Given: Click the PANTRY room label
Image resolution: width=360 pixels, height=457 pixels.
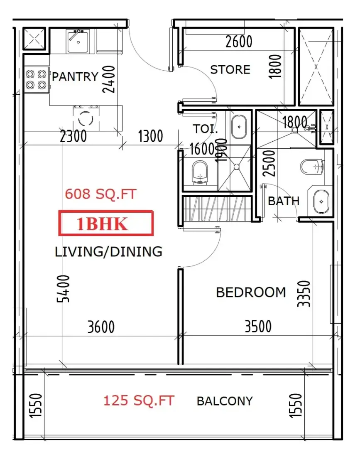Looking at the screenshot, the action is click(75, 77).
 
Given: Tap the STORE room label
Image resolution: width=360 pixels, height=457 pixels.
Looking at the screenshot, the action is click(230, 70).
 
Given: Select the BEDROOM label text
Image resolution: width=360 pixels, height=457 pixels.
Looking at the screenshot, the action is click(251, 292).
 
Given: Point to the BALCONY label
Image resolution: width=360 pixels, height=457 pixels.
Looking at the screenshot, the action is click(225, 401).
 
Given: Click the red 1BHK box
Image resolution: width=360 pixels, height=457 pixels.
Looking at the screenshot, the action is click(106, 223).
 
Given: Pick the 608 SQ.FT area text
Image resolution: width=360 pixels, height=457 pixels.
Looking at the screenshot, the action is click(100, 194).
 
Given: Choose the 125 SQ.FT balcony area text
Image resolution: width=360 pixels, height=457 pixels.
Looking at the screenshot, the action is click(139, 400).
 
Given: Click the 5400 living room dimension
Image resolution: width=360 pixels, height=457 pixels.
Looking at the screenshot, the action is click(63, 289).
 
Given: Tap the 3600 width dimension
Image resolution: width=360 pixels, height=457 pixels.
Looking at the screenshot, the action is click(101, 327).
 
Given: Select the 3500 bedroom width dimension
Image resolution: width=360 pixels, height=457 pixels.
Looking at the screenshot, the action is click(258, 327).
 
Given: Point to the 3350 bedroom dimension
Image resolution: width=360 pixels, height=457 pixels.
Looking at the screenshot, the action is click(304, 294).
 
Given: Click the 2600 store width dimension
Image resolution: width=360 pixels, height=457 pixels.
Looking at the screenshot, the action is click(239, 42).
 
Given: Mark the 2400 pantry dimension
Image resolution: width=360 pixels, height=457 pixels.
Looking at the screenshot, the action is click(109, 79).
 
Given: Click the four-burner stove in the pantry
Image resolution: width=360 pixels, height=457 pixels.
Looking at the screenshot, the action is click(37, 80).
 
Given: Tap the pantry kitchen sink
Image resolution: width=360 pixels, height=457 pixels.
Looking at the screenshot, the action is click(78, 41).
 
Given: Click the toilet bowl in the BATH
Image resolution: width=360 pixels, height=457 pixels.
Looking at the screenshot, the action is click(312, 167).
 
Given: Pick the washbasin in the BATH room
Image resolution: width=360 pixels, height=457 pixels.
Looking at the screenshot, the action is click(321, 201).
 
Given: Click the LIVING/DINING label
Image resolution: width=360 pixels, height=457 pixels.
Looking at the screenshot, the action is click(108, 251).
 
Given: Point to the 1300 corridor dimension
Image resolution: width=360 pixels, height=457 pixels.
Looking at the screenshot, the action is click(150, 136).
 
